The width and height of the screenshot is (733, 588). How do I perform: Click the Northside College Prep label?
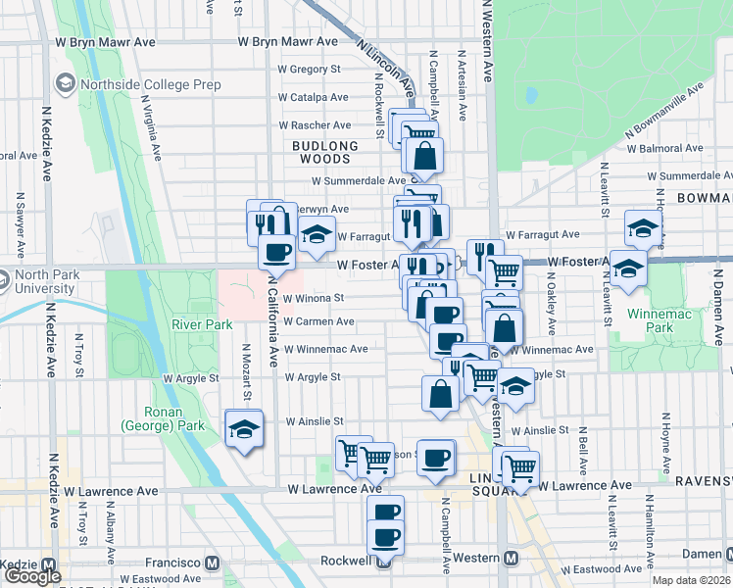[x=150, y=85]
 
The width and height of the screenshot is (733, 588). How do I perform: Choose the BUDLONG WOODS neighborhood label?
[x=319, y=152]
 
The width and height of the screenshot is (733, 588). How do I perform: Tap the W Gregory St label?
[x=309, y=70]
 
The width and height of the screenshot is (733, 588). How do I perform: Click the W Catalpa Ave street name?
[x=314, y=98]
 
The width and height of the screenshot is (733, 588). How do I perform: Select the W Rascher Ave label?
[x=315, y=125]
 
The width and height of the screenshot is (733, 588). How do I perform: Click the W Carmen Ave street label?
[x=319, y=321]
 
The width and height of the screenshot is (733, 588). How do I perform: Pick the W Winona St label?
[x=314, y=298]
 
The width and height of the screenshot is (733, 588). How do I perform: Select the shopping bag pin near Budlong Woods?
[x=425, y=155]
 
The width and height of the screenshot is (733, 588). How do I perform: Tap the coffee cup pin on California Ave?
[x=276, y=252]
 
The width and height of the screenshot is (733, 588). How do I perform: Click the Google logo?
[x=31, y=576]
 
